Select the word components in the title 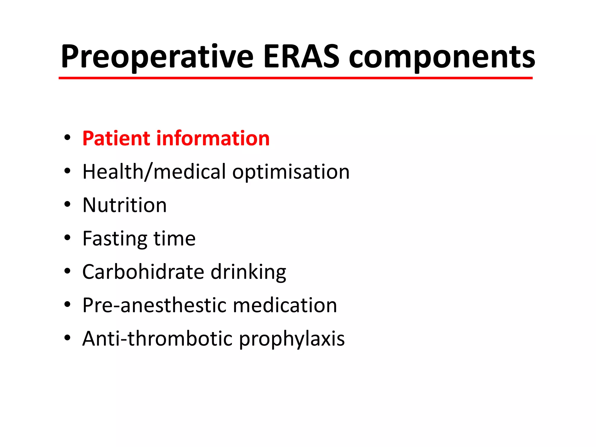click(x=442, y=58)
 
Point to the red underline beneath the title click(x=295, y=78)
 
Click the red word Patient click(x=116, y=138)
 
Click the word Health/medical click(x=154, y=172)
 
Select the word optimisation click(x=291, y=172)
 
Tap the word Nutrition click(x=125, y=205)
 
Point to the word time click(x=174, y=239)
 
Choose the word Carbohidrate click(x=143, y=272)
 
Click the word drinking click(x=248, y=272)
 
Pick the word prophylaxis click(x=292, y=339)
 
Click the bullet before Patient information click(x=68, y=137)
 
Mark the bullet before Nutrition click(x=68, y=204)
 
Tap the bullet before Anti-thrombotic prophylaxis click(x=68, y=338)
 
